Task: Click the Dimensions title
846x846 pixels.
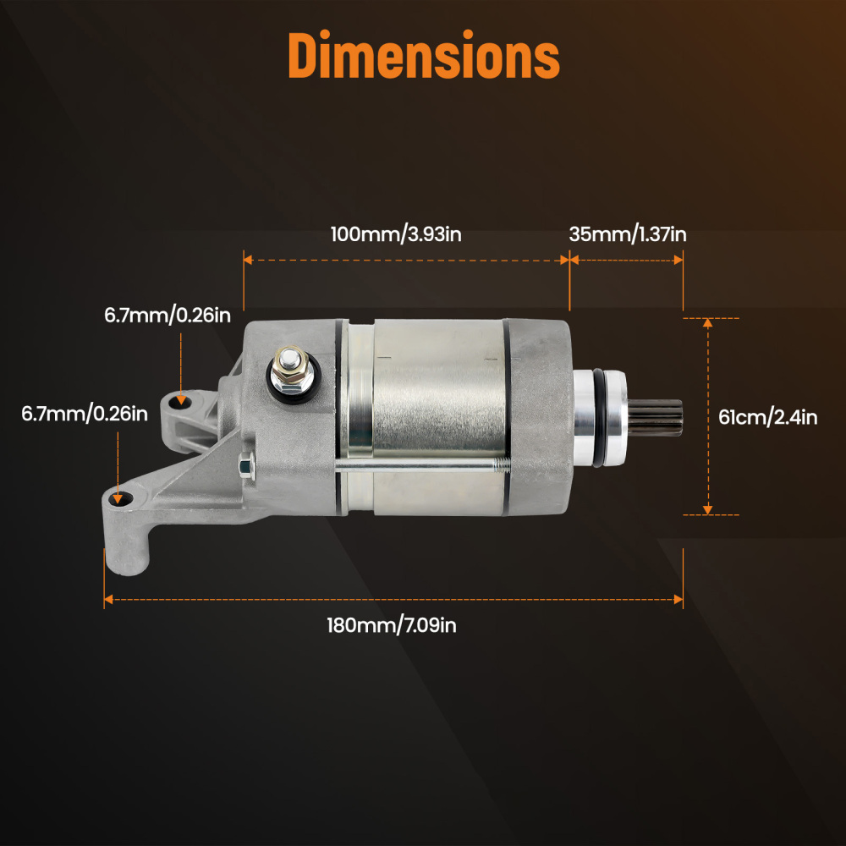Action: (x=423, y=57)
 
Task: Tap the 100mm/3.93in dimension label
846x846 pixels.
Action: (x=396, y=234)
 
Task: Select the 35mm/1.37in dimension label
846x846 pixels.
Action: (x=627, y=234)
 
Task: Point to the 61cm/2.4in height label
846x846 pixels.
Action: (x=767, y=417)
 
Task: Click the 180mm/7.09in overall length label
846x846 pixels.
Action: (x=392, y=626)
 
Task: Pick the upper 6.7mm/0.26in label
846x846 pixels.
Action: (x=168, y=316)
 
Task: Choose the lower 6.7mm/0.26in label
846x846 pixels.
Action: (x=85, y=414)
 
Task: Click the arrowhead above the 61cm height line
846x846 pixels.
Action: (x=708, y=324)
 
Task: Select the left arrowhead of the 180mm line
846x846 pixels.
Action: (x=108, y=600)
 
